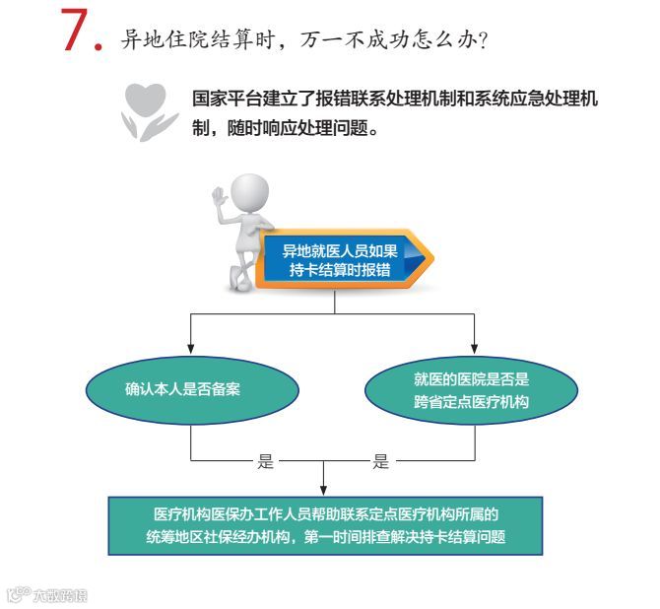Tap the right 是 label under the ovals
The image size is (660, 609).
[x=381, y=461]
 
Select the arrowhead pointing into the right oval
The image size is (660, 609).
[x=475, y=348]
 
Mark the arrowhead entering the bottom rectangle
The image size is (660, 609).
[x=324, y=490]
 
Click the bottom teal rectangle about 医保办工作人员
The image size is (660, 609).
[x=325, y=526]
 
